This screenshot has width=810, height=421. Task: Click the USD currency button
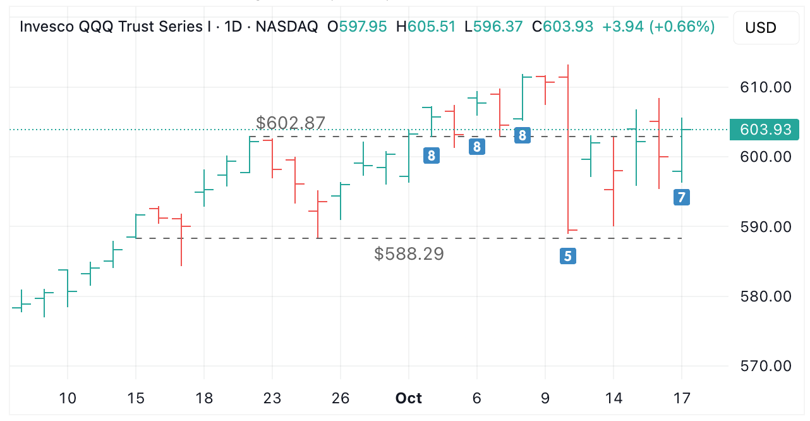[761, 28]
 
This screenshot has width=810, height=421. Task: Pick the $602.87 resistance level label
[291, 123]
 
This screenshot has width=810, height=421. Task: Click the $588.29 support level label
[409, 254]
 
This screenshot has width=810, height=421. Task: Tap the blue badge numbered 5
[568, 256]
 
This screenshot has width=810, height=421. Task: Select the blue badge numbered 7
[681, 197]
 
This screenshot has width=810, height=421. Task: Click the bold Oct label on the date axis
[408, 398]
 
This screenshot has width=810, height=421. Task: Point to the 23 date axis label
[272, 398]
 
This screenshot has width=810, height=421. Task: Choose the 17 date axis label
[681, 398]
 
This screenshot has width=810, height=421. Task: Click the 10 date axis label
[68, 398]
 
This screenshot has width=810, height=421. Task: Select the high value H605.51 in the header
[425, 27]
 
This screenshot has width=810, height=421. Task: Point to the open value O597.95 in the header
[357, 27]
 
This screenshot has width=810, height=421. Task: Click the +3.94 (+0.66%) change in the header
[658, 27]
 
